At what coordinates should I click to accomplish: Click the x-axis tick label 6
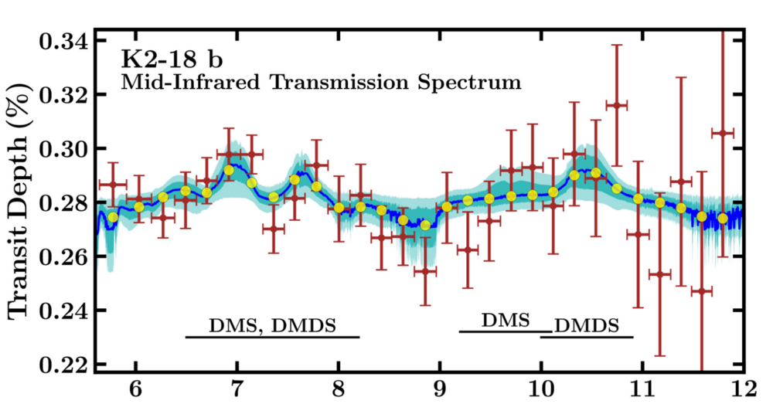[136, 387]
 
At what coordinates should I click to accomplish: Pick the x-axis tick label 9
[440, 387]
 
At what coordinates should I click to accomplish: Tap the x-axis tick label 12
[743, 387]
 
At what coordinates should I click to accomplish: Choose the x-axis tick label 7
[237, 387]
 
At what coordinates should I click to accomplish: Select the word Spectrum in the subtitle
[480, 81]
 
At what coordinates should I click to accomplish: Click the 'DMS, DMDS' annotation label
[272, 324]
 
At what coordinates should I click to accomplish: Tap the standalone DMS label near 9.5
[506, 319]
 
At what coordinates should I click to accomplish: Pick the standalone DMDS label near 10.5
[587, 326]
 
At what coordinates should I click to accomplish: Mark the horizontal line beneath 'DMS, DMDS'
[272, 337]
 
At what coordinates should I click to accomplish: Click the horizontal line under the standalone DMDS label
[587, 337]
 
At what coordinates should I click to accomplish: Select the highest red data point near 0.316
[616, 104]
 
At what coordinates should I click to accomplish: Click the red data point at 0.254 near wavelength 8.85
[424, 271]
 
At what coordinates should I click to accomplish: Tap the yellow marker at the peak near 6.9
[229, 170]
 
